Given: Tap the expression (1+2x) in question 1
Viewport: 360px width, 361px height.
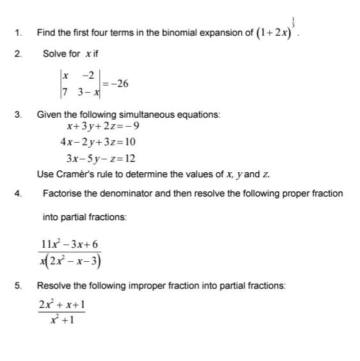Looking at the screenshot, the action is click(x=275, y=31).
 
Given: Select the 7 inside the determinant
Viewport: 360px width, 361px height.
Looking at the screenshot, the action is click(x=63, y=93).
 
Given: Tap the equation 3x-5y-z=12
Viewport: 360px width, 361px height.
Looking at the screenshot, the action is click(x=100, y=157).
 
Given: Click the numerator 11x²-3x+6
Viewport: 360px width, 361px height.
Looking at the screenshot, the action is click(x=70, y=245).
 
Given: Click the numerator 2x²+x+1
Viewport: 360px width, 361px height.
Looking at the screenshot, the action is click(x=61, y=305).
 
